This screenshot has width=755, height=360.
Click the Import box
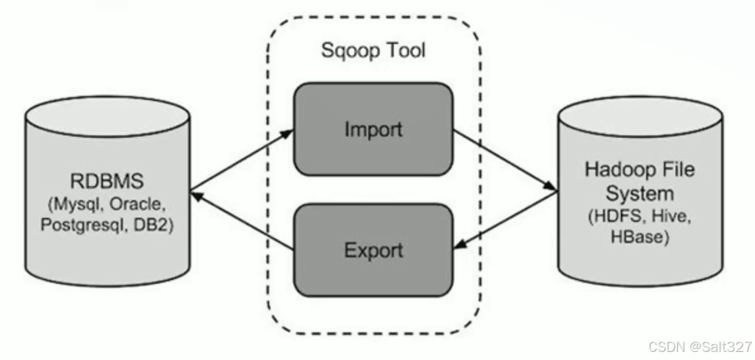pyautogui.click(x=373, y=129)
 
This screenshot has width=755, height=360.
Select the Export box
pyautogui.click(x=373, y=250)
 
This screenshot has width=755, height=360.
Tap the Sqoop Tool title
pyautogui.click(x=373, y=51)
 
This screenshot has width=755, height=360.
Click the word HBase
pyautogui.click(x=640, y=237)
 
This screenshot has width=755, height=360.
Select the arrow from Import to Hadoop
pyautogui.click(x=504, y=160)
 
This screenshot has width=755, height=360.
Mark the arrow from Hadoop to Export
pyautogui.click(x=504, y=220)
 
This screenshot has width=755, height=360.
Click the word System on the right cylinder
pyautogui.click(x=640, y=194)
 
